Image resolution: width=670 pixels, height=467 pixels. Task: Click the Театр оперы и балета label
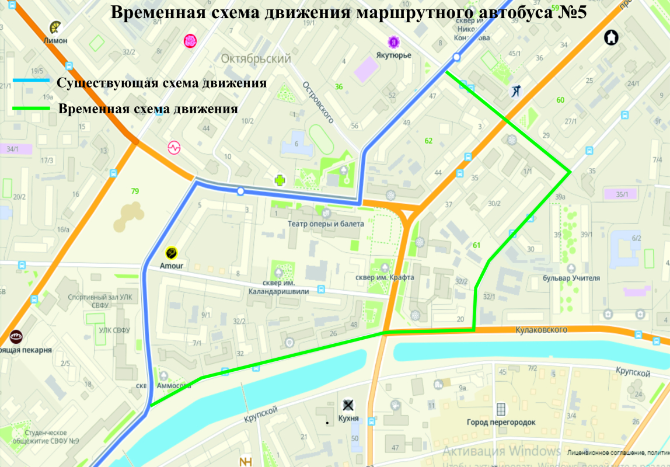click(x=326, y=224)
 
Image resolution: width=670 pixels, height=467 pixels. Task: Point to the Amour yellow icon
click(x=172, y=253)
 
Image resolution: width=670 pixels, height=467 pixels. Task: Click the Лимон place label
click(x=55, y=41)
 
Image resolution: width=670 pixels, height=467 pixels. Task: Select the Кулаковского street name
click(x=541, y=330)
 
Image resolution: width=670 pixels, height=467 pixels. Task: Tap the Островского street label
click(x=317, y=102)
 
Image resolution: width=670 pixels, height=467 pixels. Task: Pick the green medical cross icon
click(x=281, y=180)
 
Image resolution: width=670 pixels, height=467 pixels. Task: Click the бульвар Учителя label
click(x=571, y=278)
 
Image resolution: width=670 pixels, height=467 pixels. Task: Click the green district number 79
click(x=135, y=191)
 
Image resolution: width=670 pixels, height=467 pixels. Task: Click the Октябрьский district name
click(x=256, y=59)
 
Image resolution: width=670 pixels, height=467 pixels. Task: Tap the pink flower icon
click(x=190, y=40)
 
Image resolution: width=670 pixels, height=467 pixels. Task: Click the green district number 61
click(x=476, y=245)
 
